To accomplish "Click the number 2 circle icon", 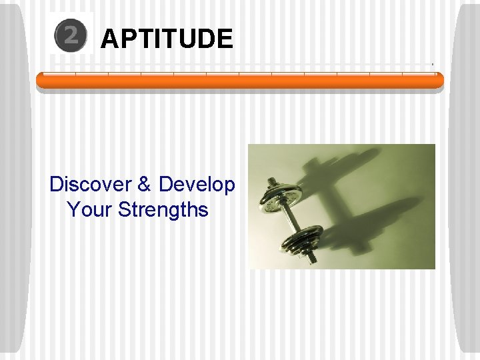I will coord(71,37).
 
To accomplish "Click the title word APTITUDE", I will coord(167,39).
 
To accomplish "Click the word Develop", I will coord(197,184).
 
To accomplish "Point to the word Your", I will coord(90,210).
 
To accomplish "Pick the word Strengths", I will coord(163,210).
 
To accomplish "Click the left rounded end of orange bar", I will coord(40,81).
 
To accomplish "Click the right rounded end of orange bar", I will coord(439,81).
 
